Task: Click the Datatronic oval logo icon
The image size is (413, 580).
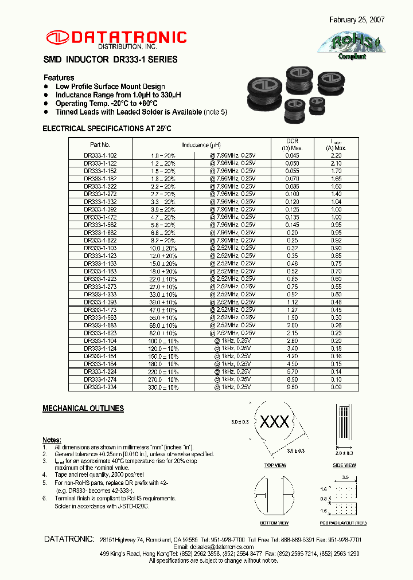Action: pos(57,37)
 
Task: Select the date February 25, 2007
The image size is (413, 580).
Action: pos(357,19)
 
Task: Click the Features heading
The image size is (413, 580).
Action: pos(59,78)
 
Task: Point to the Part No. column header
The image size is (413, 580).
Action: pos(100,145)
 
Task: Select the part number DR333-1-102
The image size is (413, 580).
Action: pos(100,155)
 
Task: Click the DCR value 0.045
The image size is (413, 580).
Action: pos(293,155)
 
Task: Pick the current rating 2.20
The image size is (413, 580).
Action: pos(336,155)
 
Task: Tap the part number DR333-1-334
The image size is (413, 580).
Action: pos(100,387)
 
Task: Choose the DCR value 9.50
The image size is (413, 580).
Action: pos(293,387)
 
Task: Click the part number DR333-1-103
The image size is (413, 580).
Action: pos(100,240)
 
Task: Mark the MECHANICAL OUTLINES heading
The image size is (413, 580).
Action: pos(83,409)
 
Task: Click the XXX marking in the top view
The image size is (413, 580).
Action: pos(275,422)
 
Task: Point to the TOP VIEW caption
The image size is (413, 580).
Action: pos(275,465)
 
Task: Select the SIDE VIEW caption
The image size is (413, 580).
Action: pos(344,465)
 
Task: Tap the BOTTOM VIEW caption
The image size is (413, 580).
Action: pos(275,523)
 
